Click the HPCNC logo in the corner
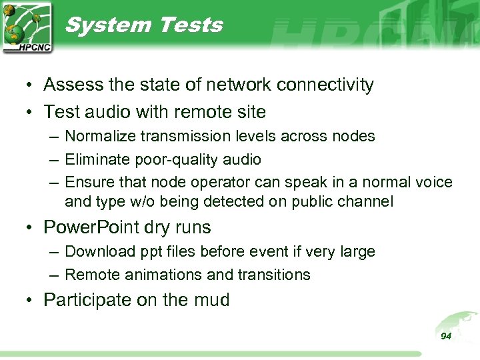coord(27,27)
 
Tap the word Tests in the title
coord(190,25)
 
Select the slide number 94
coord(446,336)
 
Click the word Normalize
coord(99,137)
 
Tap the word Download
coord(97,251)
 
